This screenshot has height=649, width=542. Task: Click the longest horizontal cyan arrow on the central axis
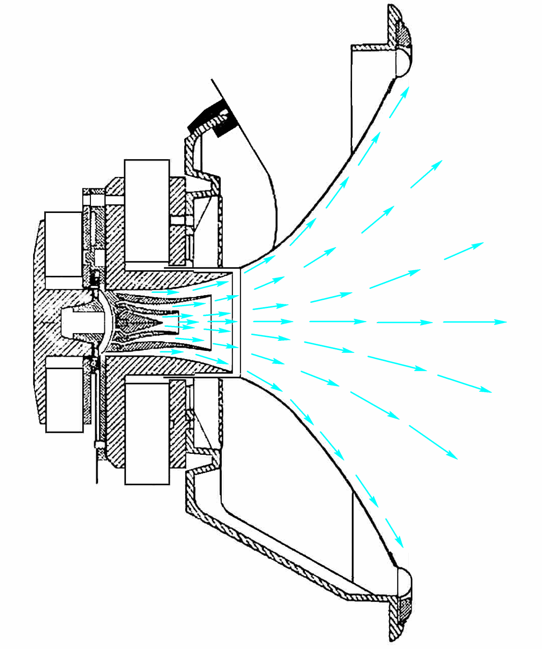coord(474,322)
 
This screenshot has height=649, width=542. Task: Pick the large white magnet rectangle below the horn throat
coord(147,433)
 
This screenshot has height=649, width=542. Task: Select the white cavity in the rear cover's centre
coord(83,321)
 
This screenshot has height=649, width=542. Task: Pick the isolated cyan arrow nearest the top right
coord(426,174)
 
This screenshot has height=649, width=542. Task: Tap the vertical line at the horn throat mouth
coord(239,321)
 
